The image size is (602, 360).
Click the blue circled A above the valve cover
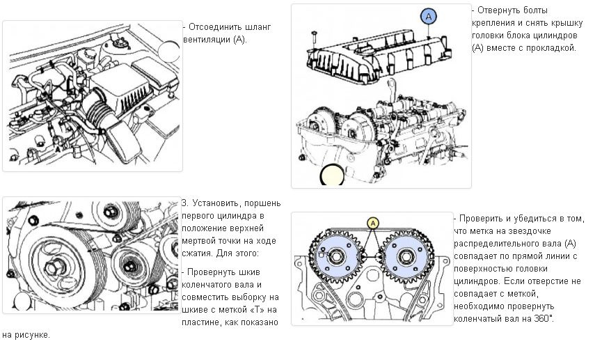(x=429, y=15)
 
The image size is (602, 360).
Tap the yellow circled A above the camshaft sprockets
(x=372, y=223)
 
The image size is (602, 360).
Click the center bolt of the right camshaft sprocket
(x=406, y=257)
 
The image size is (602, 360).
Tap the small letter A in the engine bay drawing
(x=57, y=148)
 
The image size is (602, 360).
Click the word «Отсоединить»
(x=214, y=26)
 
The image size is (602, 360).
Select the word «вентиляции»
(x=205, y=39)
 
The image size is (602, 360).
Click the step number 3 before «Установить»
(x=184, y=203)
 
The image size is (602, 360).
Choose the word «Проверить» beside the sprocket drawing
(x=483, y=218)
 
